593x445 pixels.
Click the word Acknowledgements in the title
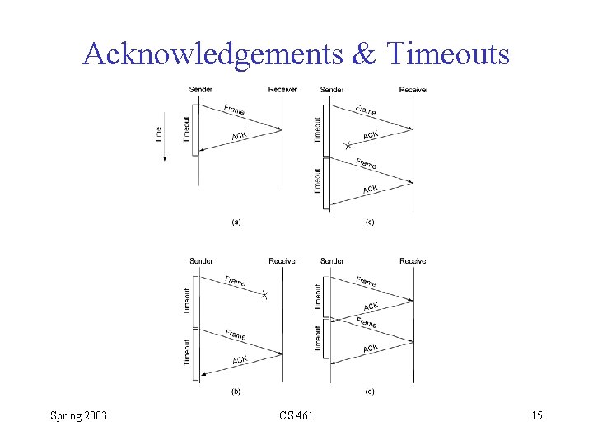pos(212,54)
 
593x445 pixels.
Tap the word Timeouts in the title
pos(448,54)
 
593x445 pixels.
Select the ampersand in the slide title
pos(364,54)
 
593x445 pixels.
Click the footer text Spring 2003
pos(78,415)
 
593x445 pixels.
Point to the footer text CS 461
pos(296,415)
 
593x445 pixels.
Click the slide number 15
pos(536,415)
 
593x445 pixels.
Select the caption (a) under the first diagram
pos(236,222)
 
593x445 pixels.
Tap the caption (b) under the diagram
pos(236,391)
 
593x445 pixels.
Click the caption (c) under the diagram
pos(370,222)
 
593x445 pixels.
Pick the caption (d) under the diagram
pos(370,391)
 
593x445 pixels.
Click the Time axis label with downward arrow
pos(160,137)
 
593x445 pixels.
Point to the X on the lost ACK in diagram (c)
pos(348,145)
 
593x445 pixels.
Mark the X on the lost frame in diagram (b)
pos(264,295)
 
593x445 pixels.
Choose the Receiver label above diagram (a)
pos(282,89)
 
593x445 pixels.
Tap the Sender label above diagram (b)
pos(201,261)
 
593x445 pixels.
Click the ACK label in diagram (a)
pos(239,136)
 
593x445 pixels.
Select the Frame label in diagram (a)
pos(235,110)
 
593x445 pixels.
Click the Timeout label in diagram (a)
pos(187,131)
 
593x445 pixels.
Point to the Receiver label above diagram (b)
pos(282,261)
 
